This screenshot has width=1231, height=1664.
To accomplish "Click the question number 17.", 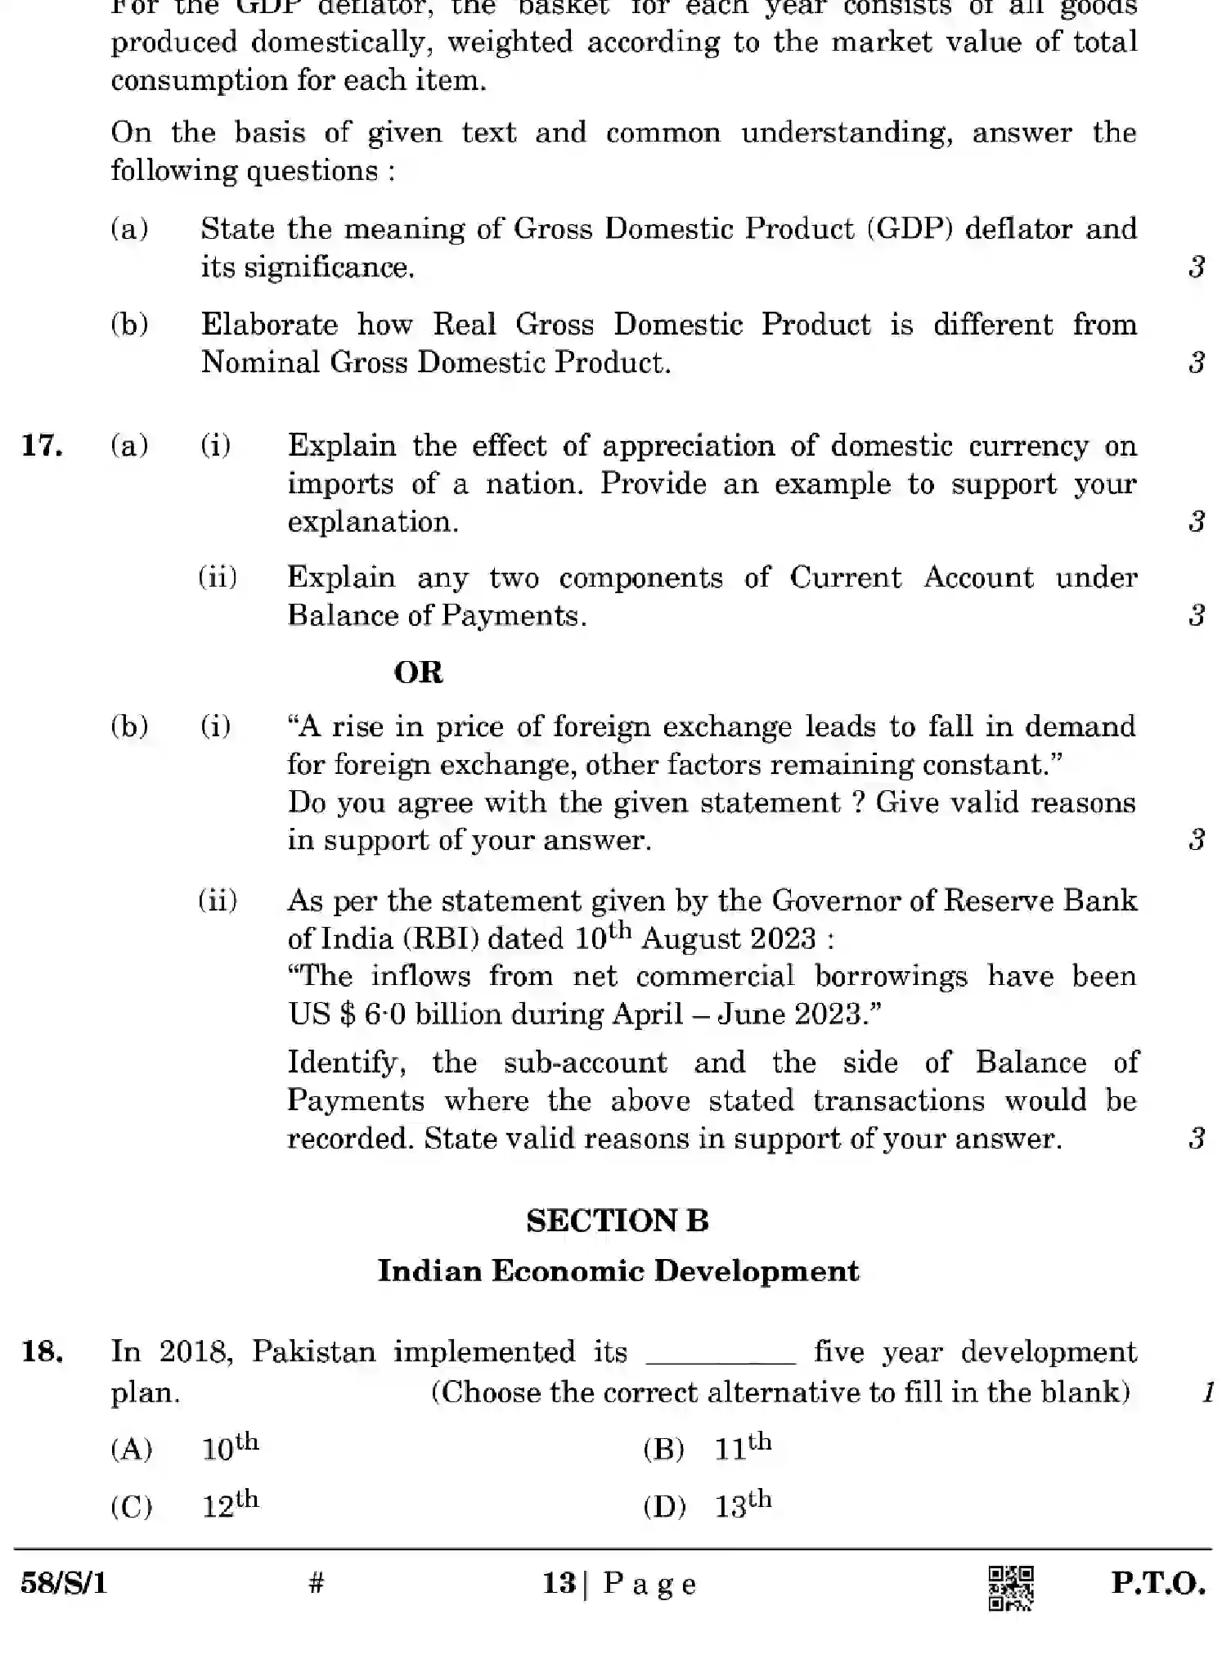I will (42, 446).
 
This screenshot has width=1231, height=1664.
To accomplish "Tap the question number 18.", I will (42, 1351).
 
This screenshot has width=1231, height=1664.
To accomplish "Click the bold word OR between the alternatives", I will (418, 672).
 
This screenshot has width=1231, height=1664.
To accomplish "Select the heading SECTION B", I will (618, 1221).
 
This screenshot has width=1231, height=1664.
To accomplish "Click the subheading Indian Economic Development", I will (618, 1270).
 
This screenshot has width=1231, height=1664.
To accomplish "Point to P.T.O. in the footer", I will (1157, 1584).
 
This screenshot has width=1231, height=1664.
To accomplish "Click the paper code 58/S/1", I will (64, 1585).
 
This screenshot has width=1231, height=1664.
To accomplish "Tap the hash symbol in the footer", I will (317, 1584).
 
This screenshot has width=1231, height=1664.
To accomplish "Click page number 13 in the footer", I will (559, 1584).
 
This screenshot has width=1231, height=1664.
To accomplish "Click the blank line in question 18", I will (721, 1358).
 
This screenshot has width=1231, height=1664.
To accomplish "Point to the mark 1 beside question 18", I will (1207, 1392).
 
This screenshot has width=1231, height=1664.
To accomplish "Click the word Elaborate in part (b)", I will (269, 325).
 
